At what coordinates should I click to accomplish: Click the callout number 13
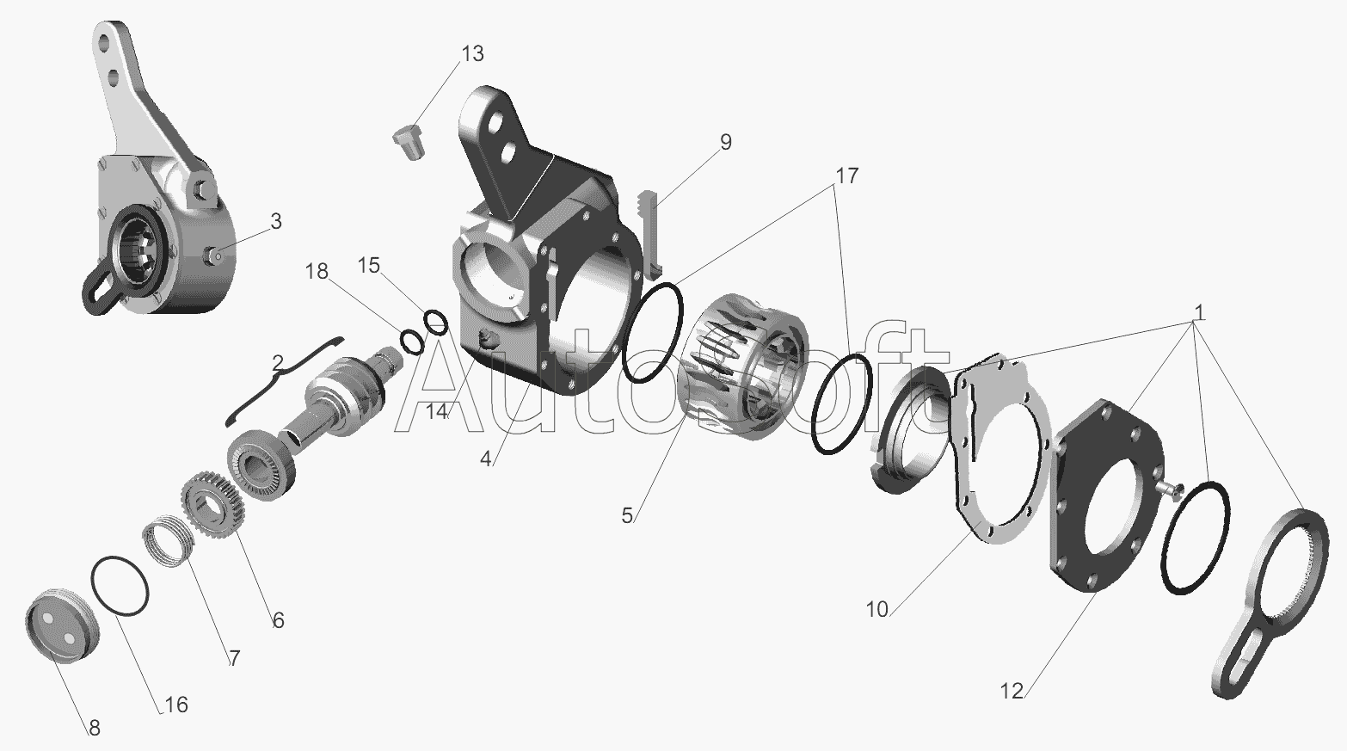pyautogui.click(x=472, y=53)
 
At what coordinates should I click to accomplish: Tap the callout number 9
pyautogui.click(x=726, y=143)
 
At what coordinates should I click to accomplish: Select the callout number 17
pyautogui.click(x=846, y=175)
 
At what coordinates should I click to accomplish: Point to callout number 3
pyautogui.click(x=276, y=221)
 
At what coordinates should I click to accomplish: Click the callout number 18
pyautogui.click(x=317, y=272)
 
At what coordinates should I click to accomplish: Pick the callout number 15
pyautogui.click(x=369, y=265)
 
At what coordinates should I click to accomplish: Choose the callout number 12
pyautogui.click(x=1012, y=692)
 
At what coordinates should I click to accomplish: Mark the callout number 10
pyautogui.click(x=877, y=610)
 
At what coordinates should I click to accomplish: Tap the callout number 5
pyautogui.click(x=627, y=515)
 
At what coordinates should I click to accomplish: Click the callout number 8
pyautogui.click(x=95, y=728)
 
